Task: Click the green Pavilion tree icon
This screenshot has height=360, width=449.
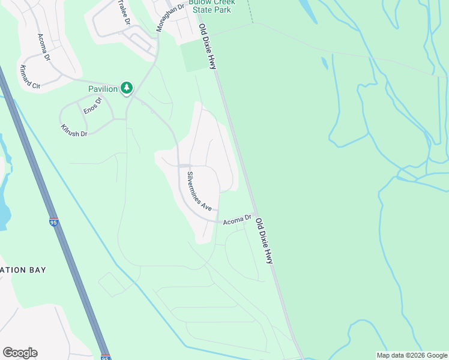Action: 127,88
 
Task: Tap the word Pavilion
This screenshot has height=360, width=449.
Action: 103,89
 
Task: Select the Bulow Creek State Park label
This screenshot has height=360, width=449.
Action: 212,6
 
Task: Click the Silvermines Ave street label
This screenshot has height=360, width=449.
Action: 199,191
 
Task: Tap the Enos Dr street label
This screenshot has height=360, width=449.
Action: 93,106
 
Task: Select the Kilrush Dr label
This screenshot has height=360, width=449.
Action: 74,130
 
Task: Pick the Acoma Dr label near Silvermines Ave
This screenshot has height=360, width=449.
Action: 237,221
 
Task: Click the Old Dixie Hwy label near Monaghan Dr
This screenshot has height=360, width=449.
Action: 208,46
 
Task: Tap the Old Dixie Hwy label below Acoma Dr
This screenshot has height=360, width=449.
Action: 264,241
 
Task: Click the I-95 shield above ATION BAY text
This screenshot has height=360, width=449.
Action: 53,223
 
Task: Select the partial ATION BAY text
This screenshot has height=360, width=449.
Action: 23,270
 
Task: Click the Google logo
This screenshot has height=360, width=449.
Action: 20,353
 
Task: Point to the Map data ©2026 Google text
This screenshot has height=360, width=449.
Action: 412,355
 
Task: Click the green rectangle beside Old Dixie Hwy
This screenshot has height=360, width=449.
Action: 196,56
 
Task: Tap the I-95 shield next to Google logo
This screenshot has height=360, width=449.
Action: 105,356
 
